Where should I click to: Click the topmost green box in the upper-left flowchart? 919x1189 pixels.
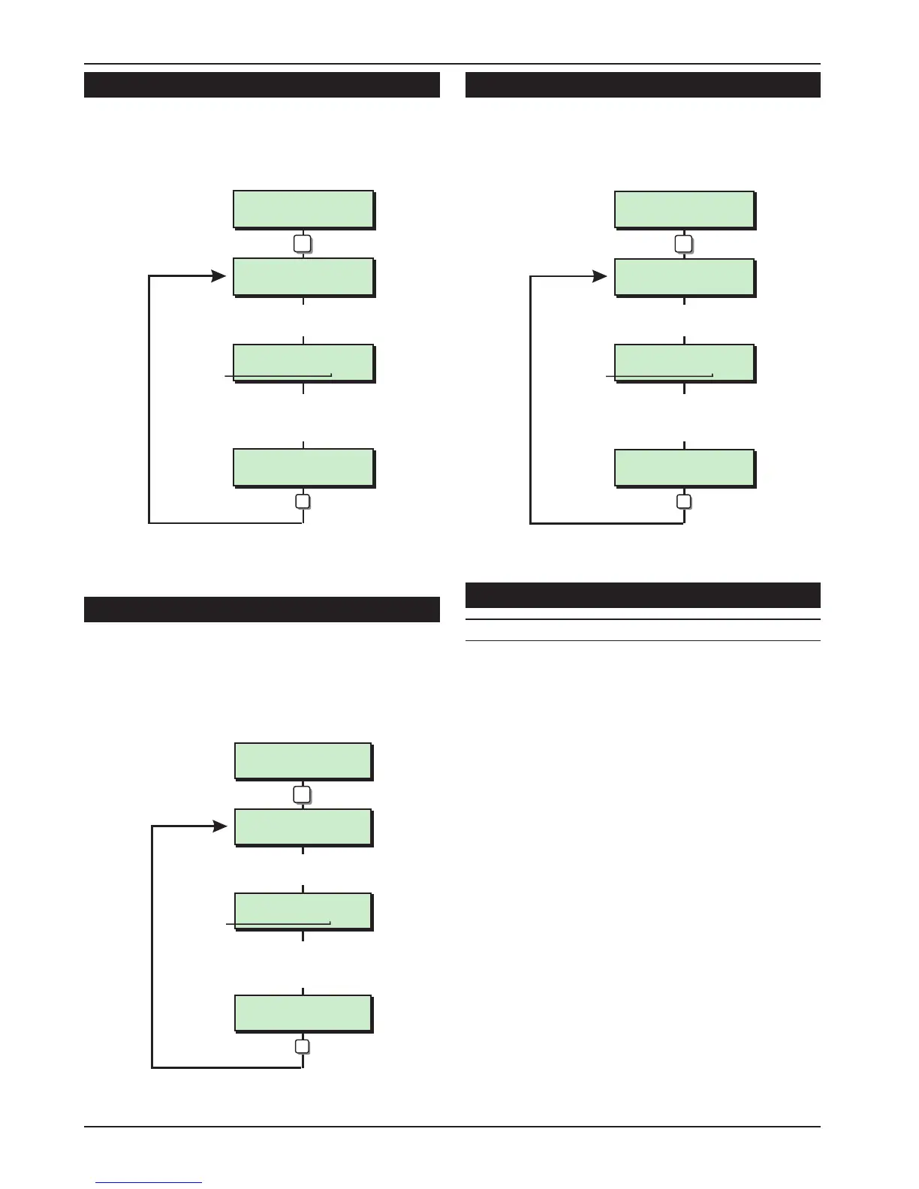(303, 209)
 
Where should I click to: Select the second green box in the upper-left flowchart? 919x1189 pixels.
(303, 277)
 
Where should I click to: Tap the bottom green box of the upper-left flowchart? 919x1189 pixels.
(303, 468)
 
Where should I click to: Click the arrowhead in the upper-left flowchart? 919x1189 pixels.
(218, 276)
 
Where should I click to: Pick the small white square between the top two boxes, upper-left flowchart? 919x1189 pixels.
(303, 243)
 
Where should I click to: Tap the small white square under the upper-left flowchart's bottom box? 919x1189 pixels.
(303, 501)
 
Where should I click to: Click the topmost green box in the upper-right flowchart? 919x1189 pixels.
(685, 209)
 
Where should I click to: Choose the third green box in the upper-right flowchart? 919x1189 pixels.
(685, 363)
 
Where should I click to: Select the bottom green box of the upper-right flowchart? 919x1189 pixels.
(685, 468)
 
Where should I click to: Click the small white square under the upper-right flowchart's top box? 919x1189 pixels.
(683, 244)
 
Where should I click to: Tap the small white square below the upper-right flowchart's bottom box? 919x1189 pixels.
(683, 501)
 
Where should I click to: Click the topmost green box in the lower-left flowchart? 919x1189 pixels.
(303, 761)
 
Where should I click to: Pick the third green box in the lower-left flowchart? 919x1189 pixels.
(303, 911)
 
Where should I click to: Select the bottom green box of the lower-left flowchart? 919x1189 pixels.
(303, 1013)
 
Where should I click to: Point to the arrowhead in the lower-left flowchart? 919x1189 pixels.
(220, 826)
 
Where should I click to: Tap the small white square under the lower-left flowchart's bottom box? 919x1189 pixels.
(302, 1046)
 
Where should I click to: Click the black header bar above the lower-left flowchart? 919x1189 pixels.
(261, 610)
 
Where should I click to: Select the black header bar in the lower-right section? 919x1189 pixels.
(643, 595)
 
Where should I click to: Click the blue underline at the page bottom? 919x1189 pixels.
(149, 1183)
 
